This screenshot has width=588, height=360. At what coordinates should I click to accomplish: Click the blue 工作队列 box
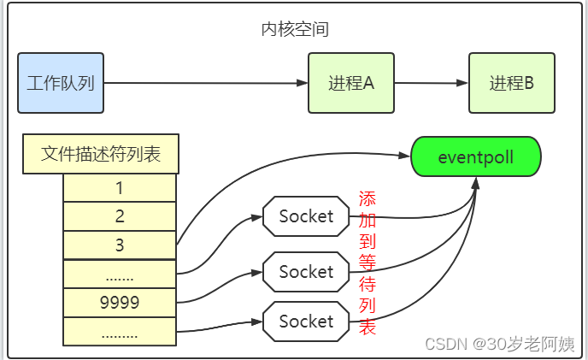tap(61, 83)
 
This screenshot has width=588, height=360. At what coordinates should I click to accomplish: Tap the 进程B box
tap(512, 83)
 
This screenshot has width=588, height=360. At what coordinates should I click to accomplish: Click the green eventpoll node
tap(476, 157)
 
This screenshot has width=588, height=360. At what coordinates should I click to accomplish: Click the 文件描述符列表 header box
tap(101, 154)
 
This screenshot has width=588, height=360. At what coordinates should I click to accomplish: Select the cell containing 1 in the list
tap(120, 188)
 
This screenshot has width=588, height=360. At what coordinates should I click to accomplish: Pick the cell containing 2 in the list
tap(120, 216)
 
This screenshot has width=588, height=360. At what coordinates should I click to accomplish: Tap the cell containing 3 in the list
tap(120, 245)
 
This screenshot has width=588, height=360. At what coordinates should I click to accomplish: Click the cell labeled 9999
tap(120, 303)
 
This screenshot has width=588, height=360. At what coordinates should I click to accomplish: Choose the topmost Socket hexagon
tap(306, 216)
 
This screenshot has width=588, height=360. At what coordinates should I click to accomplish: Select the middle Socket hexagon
tap(306, 272)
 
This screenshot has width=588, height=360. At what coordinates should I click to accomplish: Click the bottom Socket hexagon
tap(306, 322)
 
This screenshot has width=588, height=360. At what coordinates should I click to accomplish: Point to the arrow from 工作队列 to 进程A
tap(205, 83)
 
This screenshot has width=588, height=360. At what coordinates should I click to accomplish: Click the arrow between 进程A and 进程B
tap(432, 83)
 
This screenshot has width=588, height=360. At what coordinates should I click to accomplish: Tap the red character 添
tap(367, 198)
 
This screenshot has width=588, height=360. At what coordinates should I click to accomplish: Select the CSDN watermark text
tap(500, 344)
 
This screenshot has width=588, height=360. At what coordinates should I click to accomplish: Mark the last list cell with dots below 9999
tap(120, 333)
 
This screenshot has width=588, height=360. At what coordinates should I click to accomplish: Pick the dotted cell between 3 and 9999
tap(120, 274)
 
